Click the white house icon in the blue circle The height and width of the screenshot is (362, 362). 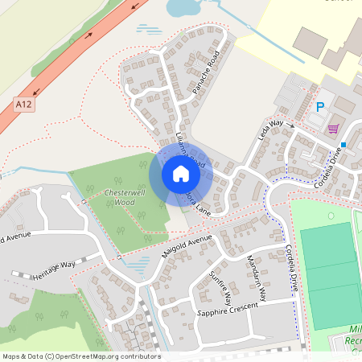180,174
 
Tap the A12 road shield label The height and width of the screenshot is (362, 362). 23,104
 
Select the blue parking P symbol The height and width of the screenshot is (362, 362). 319,106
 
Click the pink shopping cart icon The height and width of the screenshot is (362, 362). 333,128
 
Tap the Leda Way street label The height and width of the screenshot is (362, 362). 271,129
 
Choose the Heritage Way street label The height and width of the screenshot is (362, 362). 53,269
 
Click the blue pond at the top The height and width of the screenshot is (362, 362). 183,8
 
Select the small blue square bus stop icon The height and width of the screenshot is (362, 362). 343,145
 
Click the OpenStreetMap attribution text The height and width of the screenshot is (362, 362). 81,356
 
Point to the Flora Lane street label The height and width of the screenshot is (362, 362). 198,204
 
